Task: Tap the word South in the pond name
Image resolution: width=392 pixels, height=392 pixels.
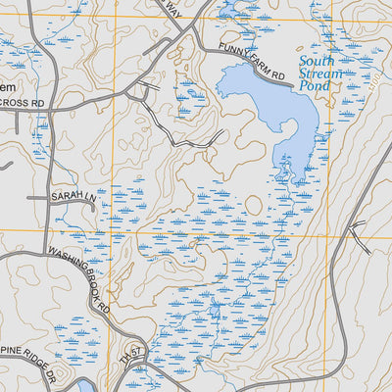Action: click(x=317, y=61)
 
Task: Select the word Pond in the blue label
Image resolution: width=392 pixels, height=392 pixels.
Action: click(x=317, y=86)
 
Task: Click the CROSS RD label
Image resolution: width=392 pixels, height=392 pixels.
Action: click(x=23, y=102)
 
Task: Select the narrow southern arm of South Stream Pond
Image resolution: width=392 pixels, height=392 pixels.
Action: click(x=291, y=162)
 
